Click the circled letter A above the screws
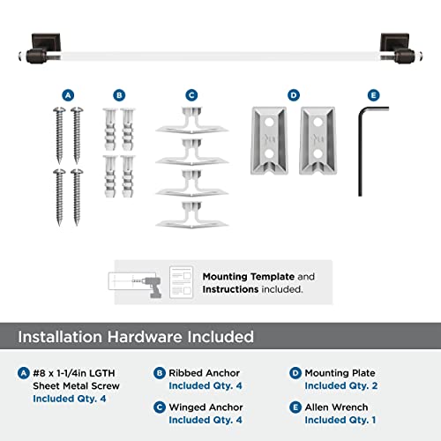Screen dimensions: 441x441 [68, 94]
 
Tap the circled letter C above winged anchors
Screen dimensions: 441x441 [191, 94]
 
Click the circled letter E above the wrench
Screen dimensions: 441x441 [373, 94]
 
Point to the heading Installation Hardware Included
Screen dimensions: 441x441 [137, 336]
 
